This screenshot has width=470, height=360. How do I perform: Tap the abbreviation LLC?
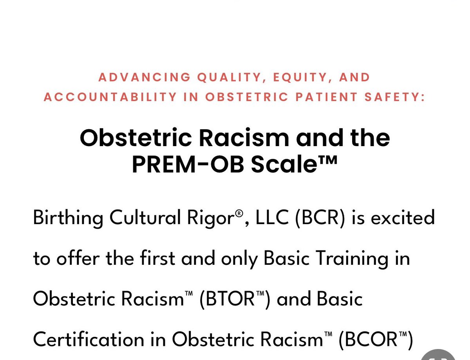click(x=269, y=217)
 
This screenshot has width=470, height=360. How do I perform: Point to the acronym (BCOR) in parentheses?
click(x=376, y=340)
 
